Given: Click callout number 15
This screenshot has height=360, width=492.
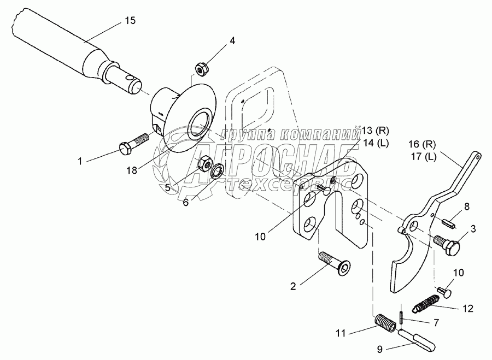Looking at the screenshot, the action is tap(130, 20).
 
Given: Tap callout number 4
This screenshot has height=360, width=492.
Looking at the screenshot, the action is tap(232, 40).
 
